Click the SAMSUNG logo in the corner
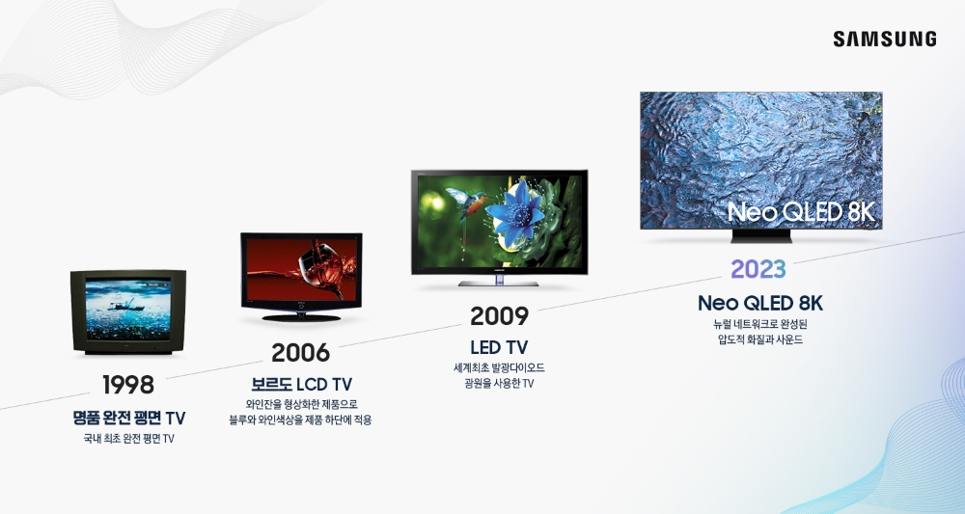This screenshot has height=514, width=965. (884, 40)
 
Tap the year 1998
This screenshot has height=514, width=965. (128, 385)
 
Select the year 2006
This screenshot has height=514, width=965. (300, 353)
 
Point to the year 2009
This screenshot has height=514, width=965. (499, 315)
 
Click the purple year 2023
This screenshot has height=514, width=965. (758, 269)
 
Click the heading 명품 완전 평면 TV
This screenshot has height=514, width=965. (128, 418)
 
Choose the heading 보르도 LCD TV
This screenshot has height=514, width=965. (300, 384)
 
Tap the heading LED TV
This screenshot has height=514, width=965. (499, 346)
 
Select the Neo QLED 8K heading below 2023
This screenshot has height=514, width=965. (760, 303)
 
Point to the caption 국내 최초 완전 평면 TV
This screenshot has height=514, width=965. (128, 440)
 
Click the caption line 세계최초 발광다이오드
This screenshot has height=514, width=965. (499, 367)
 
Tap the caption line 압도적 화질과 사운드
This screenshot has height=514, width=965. (760, 339)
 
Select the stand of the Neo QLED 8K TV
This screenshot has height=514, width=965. (761, 235)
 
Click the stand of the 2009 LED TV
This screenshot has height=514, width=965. (499, 283)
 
